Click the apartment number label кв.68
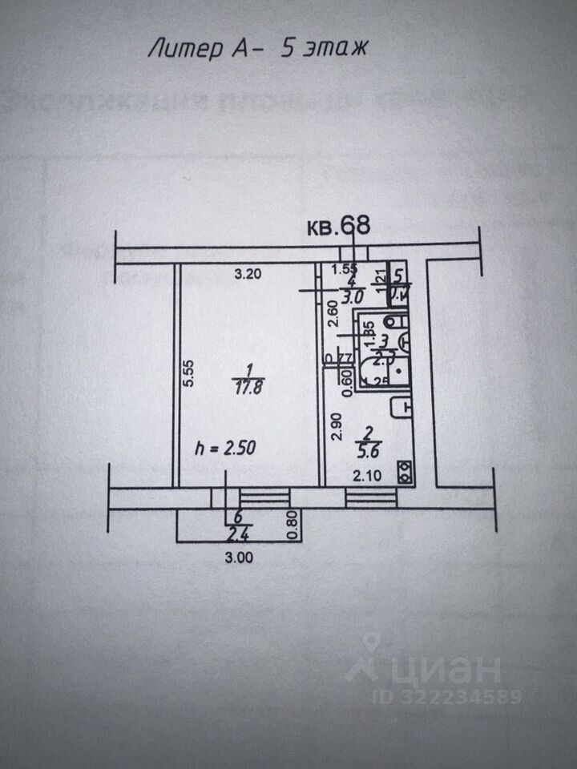(x=339, y=226)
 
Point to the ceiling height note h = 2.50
(x=225, y=449)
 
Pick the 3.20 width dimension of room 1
(x=248, y=275)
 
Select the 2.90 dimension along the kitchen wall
(x=337, y=427)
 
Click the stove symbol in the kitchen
(x=407, y=473)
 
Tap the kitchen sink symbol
(x=400, y=409)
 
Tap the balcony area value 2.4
(x=236, y=532)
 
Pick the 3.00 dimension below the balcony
(x=240, y=559)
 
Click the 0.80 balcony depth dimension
(x=293, y=524)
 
